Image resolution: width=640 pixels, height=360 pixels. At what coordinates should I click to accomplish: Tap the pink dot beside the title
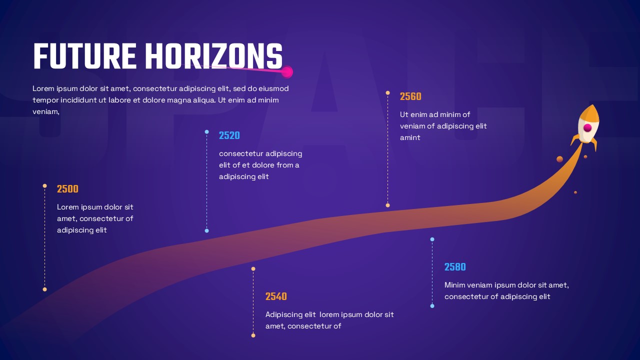click(x=287, y=72)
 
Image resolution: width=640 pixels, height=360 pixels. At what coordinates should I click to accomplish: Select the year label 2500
click(x=67, y=189)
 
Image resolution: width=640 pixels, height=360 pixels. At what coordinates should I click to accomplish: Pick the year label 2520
click(x=229, y=135)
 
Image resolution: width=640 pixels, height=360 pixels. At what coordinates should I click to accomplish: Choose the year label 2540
click(x=276, y=296)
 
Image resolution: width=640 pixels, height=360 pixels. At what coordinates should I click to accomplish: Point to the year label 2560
click(x=410, y=97)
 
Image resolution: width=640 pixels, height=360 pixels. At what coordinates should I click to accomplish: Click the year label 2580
click(x=455, y=267)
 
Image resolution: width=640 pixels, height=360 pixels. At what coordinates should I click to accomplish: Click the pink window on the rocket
click(x=587, y=128)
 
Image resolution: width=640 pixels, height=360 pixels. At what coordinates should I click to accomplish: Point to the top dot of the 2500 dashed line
click(x=44, y=186)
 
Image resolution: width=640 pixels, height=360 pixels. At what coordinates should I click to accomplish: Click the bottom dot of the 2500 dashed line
click(x=44, y=289)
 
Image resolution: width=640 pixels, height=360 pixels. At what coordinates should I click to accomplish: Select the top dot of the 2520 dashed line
click(x=206, y=132)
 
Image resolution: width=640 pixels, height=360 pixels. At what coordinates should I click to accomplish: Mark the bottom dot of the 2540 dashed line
click(x=253, y=335)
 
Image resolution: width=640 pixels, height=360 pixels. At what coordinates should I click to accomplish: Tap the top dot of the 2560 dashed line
click(x=387, y=93)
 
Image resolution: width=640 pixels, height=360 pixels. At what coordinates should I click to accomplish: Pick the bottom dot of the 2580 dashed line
click(x=432, y=306)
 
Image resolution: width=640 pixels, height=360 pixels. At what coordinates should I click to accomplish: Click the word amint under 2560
click(x=410, y=137)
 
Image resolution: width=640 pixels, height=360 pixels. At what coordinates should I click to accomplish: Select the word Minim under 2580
click(x=455, y=285)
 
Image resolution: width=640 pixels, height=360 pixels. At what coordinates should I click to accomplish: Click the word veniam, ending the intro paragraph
click(x=46, y=111)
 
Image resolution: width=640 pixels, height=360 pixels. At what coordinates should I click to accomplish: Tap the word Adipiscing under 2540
click(x=284, y=314)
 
